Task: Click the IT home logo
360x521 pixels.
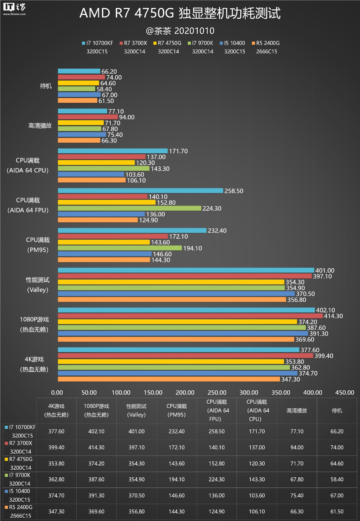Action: coord(14,9)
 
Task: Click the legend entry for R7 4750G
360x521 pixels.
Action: coord(167,43)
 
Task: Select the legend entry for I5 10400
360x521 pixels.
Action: coord(232,43)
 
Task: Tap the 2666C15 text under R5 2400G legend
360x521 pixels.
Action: coord(267,52)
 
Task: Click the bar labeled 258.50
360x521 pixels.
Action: coord(140,191)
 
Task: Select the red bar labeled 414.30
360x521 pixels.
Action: coord(190,316)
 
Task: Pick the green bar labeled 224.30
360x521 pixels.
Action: coord(129,208)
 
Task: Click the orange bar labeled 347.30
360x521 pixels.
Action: coord(169,379)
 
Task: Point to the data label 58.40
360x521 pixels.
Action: coord(104,89)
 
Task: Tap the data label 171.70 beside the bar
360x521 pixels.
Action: coord(178,151)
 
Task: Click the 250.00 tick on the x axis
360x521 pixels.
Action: coord(217,393)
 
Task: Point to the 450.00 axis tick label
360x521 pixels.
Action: coord(345,393)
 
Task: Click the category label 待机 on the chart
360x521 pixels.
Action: coord(46,86)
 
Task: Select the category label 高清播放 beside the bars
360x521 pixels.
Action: coord(40,126)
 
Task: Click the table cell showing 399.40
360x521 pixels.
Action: coord(56,447)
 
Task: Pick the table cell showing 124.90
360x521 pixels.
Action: coord(216,512)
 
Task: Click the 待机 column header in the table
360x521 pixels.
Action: coord(337,410)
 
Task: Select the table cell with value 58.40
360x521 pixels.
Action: coord(337,479)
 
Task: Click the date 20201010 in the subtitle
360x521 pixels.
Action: coord(194,31)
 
